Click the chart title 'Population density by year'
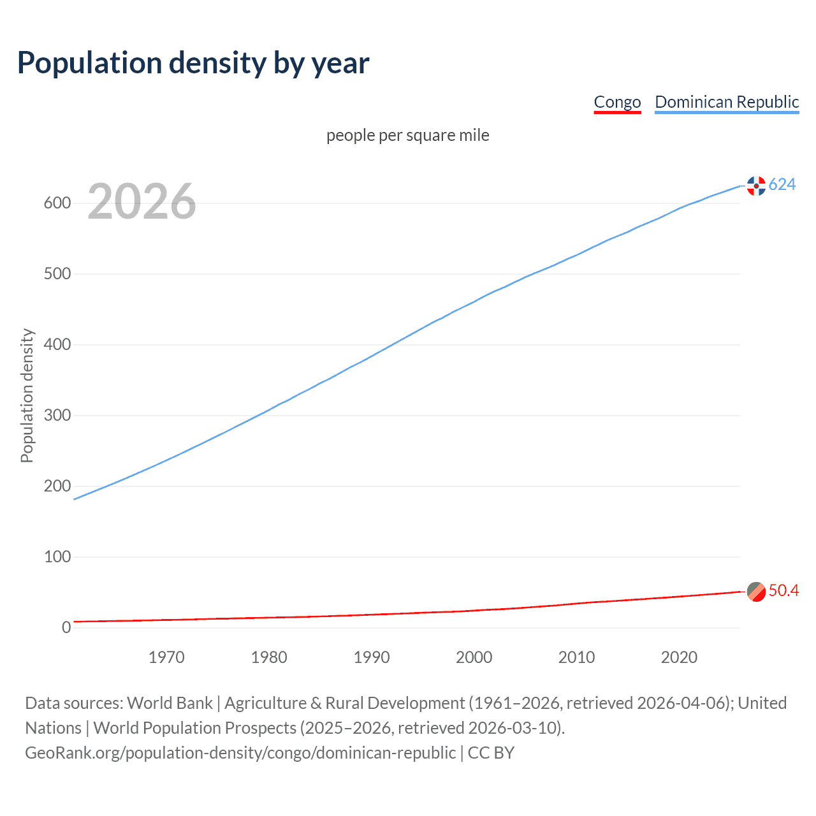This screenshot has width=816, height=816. tap(193, 63)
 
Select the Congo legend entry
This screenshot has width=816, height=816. tap(617, 102)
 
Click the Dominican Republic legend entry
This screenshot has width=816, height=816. tap(727, 102)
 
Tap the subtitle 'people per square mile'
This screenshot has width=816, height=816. tap(408, 135)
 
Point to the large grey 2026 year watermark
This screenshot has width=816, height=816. tap(142, 201)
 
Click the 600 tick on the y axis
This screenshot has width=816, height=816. tap(57, 203)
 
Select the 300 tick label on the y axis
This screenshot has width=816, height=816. tap(57, 416)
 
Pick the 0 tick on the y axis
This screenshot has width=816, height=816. tap(66, 627)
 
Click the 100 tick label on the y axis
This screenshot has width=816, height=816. tap(57, 557)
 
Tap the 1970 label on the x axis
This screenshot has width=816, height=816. tap(166, 657)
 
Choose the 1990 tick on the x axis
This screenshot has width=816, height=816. tap(372, 657)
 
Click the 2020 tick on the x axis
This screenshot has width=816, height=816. tap(679, 657)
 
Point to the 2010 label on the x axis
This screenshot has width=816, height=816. tap(576, 657)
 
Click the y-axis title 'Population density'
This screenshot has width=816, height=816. tap(27, 395)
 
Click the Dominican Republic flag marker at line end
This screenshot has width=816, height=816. tap(756, 186)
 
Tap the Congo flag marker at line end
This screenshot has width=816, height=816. tap(756, 592)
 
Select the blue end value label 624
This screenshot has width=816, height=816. tap(782, 185)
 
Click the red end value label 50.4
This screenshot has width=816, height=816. tap(783, 591)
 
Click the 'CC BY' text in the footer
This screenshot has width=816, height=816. tap(491, 753)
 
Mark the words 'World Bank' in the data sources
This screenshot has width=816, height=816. tap(170, 703)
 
